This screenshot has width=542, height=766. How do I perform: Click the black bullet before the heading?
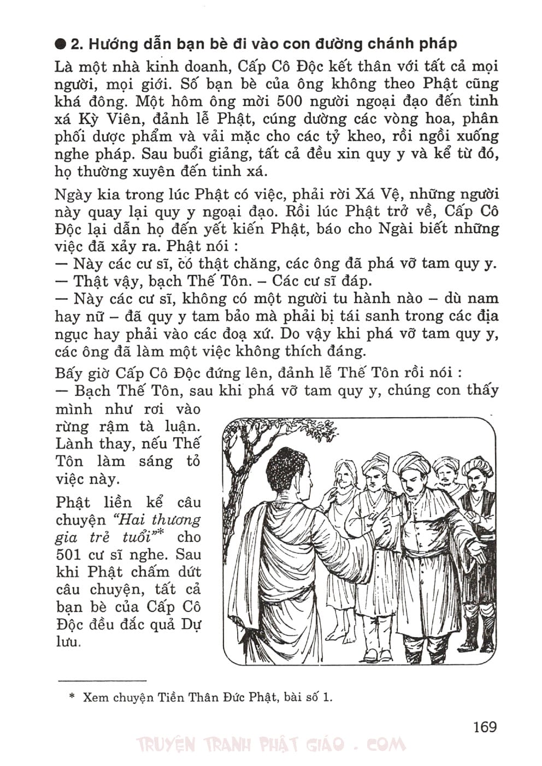point(61,44)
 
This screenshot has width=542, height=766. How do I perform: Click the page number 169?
point(485,727)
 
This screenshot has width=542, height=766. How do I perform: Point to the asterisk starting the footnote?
point(72,697)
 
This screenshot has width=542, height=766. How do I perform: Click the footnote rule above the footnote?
point(102,680)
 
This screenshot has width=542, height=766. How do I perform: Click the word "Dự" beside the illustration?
point(191,625)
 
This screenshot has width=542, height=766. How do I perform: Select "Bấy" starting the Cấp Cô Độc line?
point(68,373)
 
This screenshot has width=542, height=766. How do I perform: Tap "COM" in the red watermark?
point(386,745)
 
